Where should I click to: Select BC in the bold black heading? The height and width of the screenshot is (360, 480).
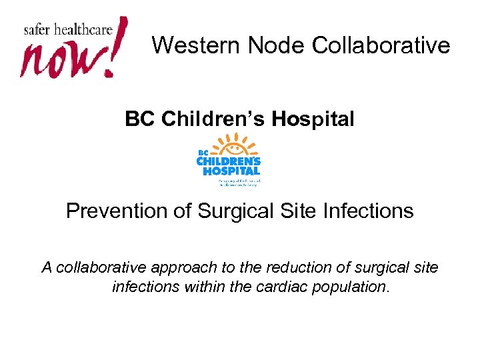coord(138,119)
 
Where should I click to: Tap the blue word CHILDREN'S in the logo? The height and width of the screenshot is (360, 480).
coord(228,161)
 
